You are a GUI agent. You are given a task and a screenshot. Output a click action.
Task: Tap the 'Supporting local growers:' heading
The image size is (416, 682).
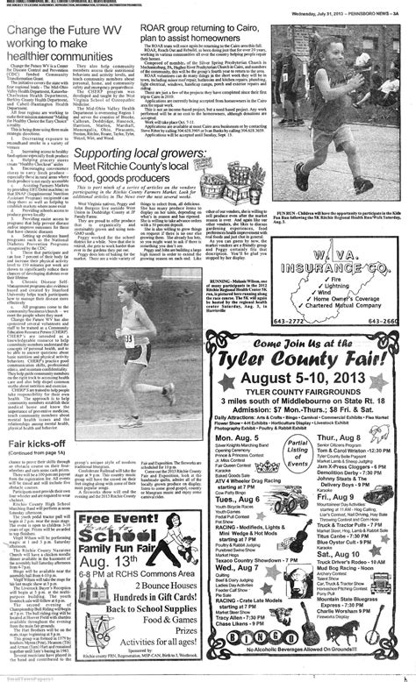coord(140,131)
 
